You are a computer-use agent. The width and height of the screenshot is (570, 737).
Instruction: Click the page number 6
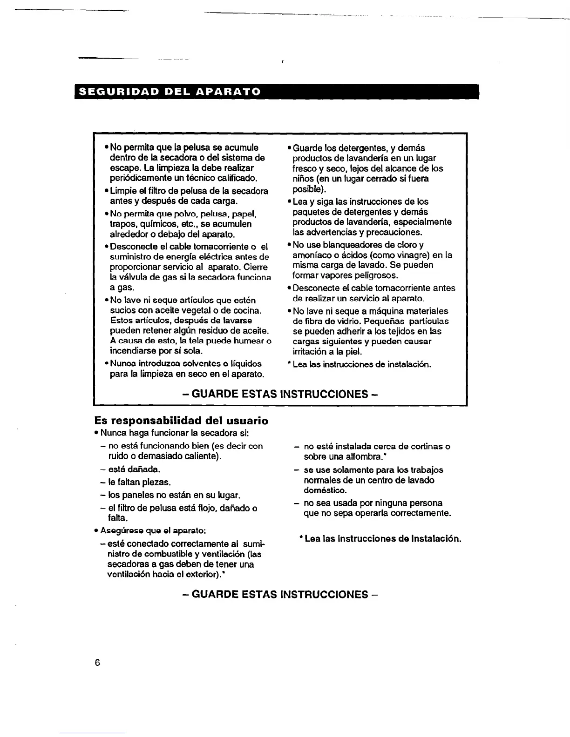click(97, 663)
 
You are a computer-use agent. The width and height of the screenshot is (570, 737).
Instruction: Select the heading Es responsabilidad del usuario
click(181, 421)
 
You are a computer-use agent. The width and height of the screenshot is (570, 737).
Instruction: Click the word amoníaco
click(312, 255)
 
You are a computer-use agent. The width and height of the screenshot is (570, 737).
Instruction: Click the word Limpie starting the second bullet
click(123, 191)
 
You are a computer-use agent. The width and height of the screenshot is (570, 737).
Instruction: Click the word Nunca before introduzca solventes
click(122, 364)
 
